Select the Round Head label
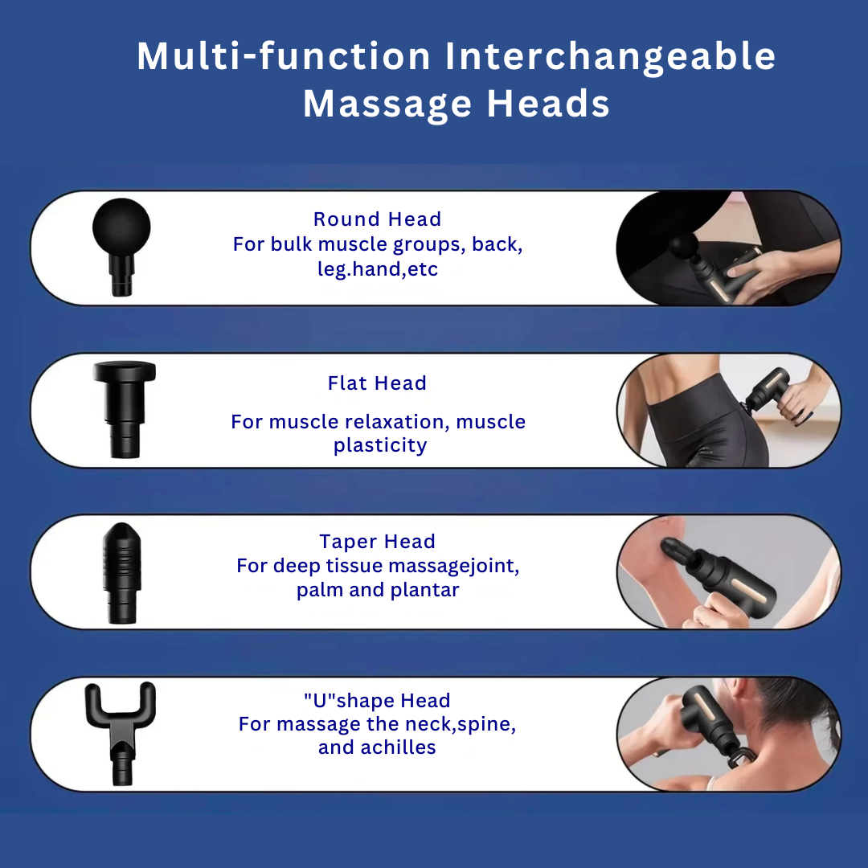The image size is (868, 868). [377, 219]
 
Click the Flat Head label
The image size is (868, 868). [377, 383]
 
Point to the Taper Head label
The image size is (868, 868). [377, 542]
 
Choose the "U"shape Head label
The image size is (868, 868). [377, 701]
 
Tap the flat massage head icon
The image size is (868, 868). [123, 410]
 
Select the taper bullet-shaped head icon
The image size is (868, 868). [121, 571]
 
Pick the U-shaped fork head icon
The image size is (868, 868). [121, 731]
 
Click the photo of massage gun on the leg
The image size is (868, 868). [727, 248]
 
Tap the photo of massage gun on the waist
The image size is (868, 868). [727, 411]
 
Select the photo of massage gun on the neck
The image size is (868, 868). [727, 734]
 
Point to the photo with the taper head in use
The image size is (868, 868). [727, 572]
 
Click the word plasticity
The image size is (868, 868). [380, 446]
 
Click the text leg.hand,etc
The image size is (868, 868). [378, 269]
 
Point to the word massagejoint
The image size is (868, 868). [454, 567]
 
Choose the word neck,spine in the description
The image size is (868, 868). [458, 724]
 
